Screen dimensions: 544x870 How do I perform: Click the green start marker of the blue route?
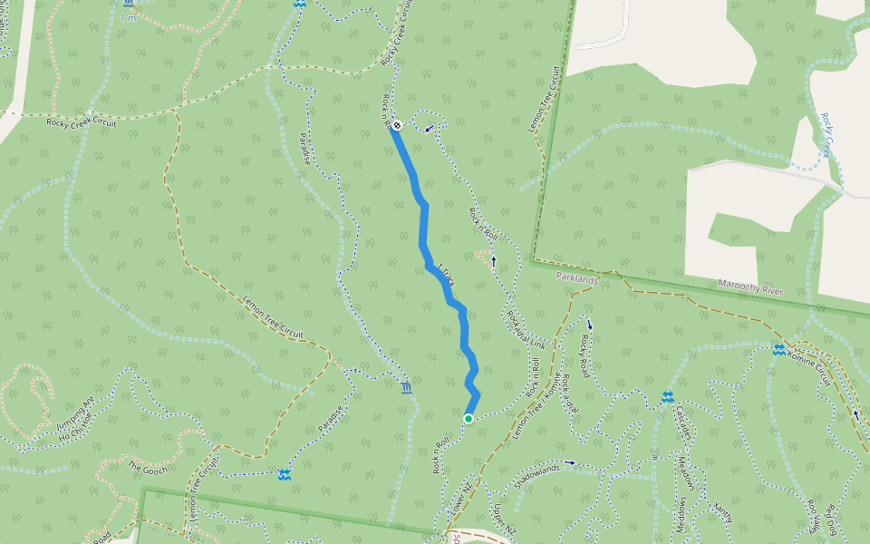point(469,418)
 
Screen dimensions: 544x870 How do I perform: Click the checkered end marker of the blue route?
point(397,124)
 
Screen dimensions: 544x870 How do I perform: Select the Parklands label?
point(577,279)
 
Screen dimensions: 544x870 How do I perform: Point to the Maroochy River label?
point(749,289)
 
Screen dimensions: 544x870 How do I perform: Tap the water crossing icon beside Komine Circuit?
point(779,350)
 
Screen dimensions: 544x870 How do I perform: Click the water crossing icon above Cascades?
point(667,397)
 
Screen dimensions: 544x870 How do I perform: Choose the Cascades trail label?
point(681,423)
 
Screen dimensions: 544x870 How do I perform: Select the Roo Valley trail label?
point(812,517)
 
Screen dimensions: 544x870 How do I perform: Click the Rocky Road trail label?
point(585,356)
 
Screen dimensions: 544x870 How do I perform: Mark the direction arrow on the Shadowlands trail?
point(570,462)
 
